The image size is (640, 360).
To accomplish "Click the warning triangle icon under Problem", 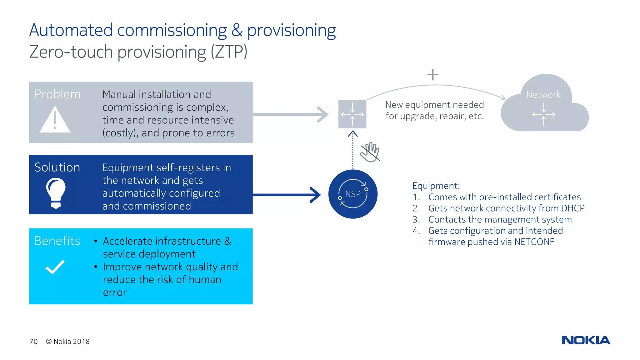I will (x=55, y=120).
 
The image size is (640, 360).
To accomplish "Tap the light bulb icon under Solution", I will (x=56, y=192).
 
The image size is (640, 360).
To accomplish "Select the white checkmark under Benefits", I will (x=55, y=267).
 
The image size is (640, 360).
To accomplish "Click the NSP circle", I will (x=353, y=194).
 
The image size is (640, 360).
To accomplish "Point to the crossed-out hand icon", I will (x=370, y=152).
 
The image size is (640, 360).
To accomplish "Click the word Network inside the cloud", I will (x=543, y=94).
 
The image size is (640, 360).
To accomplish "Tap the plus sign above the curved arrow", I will (x=433, y=75).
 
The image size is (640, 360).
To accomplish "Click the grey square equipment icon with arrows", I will (x=352, y=114).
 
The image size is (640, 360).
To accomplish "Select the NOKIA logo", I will (x=586, y=340).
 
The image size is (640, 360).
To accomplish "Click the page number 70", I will (x=33, y=342).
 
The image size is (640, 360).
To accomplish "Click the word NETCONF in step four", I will (x=534, y=242).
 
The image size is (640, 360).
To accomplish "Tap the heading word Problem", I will (x=57, y=94).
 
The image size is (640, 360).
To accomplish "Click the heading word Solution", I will (x=57, y=167).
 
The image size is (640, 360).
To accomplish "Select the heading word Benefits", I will (x=57, y=241).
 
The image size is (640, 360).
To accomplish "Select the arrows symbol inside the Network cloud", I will (x=543, y=114).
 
